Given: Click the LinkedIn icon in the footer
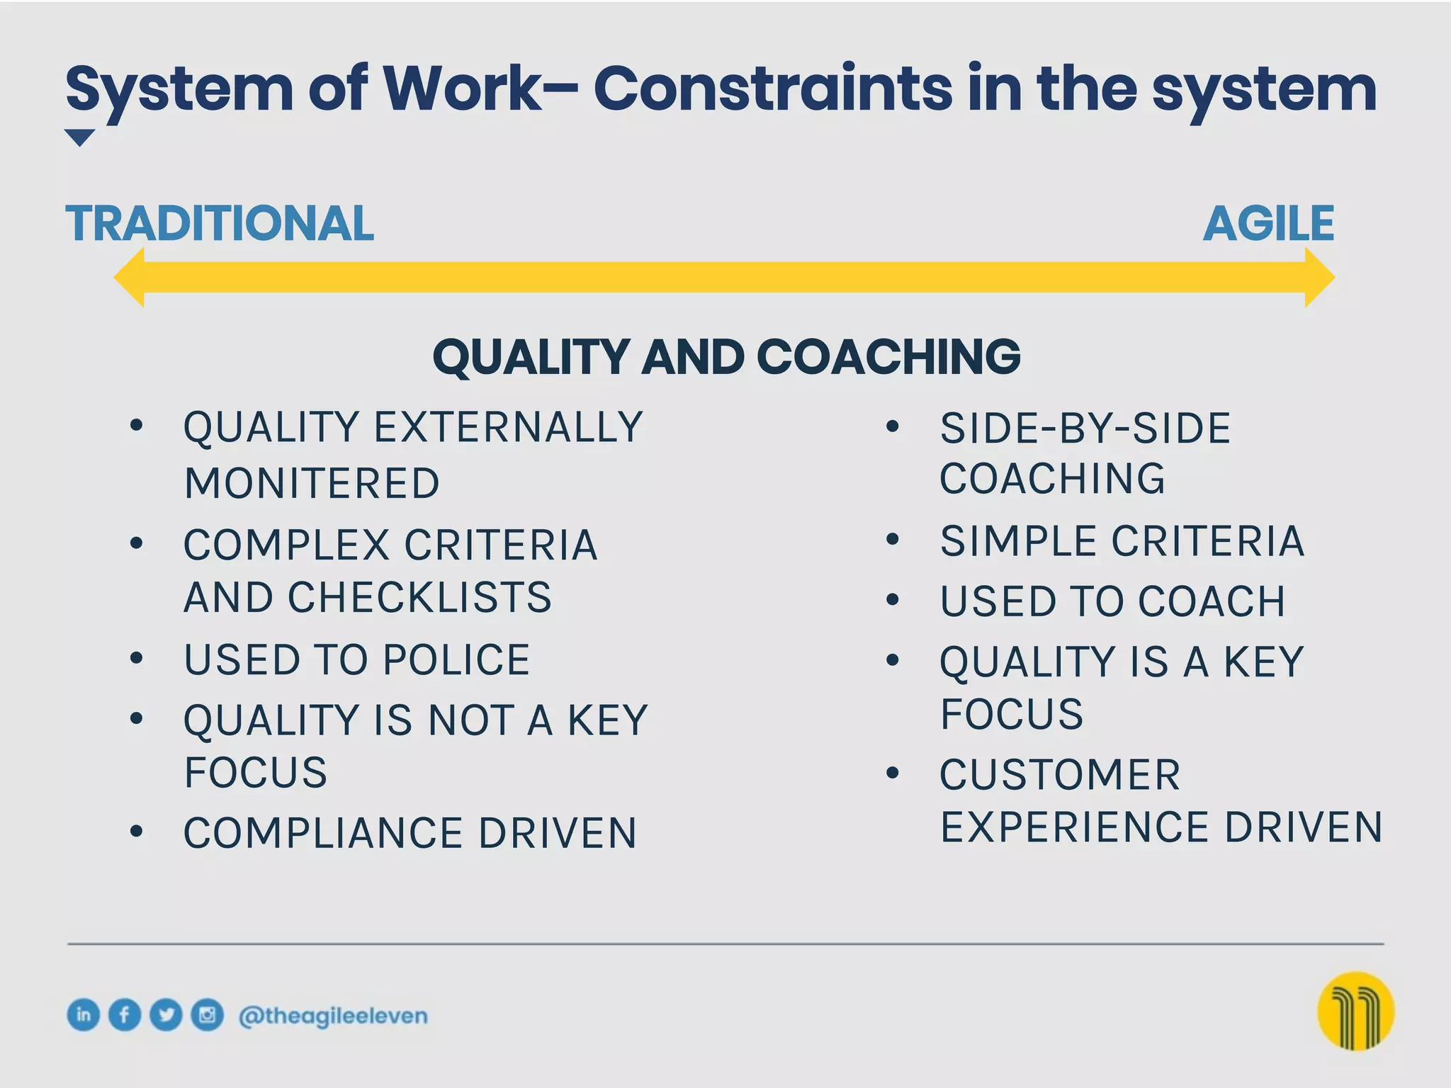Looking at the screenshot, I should pos(84,1015).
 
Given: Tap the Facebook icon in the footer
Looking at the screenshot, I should pos(125,1015).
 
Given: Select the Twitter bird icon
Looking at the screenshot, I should pos(166,1015).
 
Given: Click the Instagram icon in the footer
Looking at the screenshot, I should pos(207,1015).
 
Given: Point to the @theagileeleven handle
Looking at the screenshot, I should pos(333,1016).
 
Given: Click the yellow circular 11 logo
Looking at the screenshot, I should pos(1355,1011).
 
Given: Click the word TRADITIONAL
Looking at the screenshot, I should pos(220,224).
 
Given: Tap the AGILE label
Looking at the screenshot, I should pos(1268,224).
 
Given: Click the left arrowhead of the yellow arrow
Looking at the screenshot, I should pos(131,278).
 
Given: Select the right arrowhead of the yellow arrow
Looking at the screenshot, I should pos(1319,278).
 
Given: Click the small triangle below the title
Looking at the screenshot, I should pos(79,137).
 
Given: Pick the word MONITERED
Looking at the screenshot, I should pos(312,484).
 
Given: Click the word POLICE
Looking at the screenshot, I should pos(456,660).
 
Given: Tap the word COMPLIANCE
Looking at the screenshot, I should pos(323,833).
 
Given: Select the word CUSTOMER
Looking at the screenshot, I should pos(1060,775).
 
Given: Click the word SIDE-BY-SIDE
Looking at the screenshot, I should pos(1085,429).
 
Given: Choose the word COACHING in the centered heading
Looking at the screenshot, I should pos(888,356).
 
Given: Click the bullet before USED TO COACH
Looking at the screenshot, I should pos(893,601).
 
